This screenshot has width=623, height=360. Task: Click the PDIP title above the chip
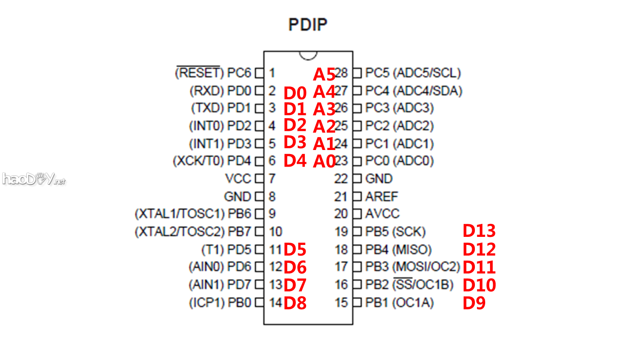pyautogui.click(x=308, y=24)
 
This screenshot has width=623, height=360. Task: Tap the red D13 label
pyautogui.click(x=479, y=231)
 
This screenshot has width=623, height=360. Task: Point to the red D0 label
pyautogui.click(x=295, y=94)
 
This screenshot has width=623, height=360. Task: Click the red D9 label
pyautogui.click(x=474, y=303)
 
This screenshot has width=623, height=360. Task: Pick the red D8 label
pyautogui.click(x=295, y=303)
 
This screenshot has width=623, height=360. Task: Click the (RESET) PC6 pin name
pyautogui.click(x=213, y=72)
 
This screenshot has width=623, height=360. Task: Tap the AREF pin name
pyautogui.click(x=381, y=196)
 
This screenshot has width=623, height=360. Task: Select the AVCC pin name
pyautogui.click(x=382, y=214)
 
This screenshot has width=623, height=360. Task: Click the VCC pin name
pyautogui.click(x=238, y=179)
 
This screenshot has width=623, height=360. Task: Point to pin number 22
pyautogui.click(x=341, y=179)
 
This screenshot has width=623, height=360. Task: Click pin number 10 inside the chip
pyautogui.click(x=276, y=231)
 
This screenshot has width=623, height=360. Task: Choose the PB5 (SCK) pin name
pyautogui.click(x=395, y=231)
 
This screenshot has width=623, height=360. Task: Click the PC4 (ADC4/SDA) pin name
pyautogui.click(x=414, y=91)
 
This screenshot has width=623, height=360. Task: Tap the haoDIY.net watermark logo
pyautogui.click(x=34, y=179)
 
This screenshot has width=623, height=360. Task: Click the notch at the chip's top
pyautogui.click(x=308, y=55)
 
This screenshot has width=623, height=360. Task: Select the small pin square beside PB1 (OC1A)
pyautogui.click(x=357, y=303)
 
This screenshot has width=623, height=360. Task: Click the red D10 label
pyautogui.click(x=479, y=285)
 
